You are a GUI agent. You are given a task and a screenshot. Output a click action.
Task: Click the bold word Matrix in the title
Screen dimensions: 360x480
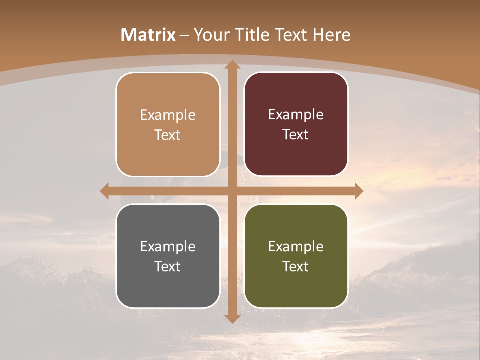pyautogui.click(x=148, y=35)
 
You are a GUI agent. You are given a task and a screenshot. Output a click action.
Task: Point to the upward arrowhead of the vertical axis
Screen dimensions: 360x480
pyautogui.click(x=232, y=65)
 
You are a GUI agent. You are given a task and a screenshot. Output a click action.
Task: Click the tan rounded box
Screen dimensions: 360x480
pyautogui.click(x=168, y=150)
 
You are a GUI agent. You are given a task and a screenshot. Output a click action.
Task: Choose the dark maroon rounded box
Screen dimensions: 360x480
pyautogui.click(x=296, y=150)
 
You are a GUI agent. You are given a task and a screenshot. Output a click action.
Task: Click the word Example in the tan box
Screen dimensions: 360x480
pyautogui.click(x=168, y=115)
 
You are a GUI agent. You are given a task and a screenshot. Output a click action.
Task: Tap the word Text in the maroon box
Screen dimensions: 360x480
pyautogui.click(x=296, y=135)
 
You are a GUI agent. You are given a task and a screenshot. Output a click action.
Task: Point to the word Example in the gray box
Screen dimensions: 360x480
pyautogui.click(x=168, y=246)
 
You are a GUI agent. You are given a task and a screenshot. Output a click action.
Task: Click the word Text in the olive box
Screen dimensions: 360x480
pyautogui.click(x=296, y=266)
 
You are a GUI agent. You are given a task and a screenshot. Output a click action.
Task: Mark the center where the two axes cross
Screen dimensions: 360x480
pyautogui.click(x=232, y=191)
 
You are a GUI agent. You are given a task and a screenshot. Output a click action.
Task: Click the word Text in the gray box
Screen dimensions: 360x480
pyautogui.click(x=168, y=266)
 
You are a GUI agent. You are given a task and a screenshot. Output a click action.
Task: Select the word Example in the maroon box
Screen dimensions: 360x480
pyautogui.click(x=296, y=114)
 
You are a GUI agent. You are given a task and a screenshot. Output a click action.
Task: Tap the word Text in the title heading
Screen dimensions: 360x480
pyautogui.click(x=290, y=35)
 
